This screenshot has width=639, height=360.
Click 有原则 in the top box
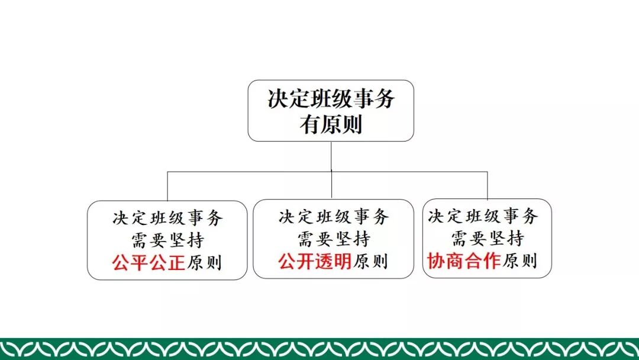tap(331, 125)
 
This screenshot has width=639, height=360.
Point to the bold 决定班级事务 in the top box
tap(331, 99)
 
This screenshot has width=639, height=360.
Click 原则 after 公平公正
tap(204, 262)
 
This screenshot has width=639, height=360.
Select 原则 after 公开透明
tap(370, 261)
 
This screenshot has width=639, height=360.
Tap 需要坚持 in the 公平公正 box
tap(167, 240)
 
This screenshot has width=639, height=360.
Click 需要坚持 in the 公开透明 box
tap(333, 239)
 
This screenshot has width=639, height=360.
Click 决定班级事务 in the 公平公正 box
tap(167, 218)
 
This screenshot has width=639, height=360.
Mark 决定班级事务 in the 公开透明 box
tap(333, 217)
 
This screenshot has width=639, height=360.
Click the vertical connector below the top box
tap(331, 156)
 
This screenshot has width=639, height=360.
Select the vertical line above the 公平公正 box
tap(167, 186)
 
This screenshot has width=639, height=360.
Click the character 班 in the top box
tap(320, 99)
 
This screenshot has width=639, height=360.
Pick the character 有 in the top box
tap(309, 125)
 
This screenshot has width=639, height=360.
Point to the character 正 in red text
tap(176, 261)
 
